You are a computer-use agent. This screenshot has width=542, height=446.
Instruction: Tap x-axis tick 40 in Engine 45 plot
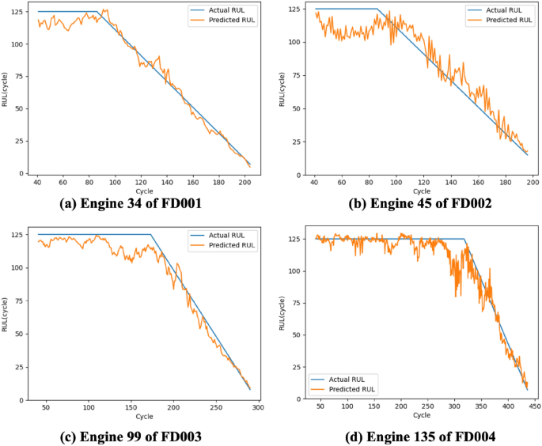click(315, 182)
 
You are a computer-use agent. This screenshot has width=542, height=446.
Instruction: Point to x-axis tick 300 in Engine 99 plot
click(258, 408)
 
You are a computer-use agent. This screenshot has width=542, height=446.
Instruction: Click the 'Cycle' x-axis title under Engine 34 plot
click(144, 191)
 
